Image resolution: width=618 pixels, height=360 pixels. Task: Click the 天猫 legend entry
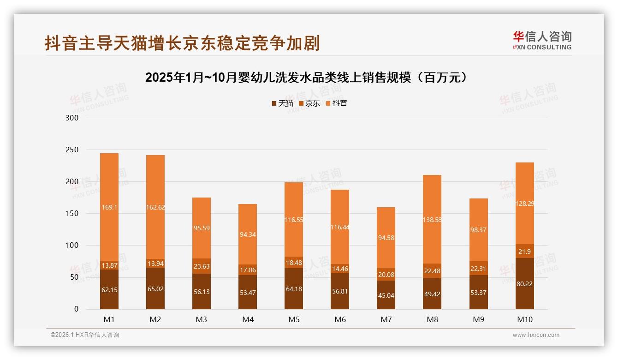(x=282, y=103)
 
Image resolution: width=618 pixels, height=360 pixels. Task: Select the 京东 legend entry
(x=309, y=103)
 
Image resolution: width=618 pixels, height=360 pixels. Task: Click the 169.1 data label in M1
(x=109, y=208)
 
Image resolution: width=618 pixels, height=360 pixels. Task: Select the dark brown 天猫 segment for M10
(x=524, y=284)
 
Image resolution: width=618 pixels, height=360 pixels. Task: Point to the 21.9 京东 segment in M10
(x=524, y=251)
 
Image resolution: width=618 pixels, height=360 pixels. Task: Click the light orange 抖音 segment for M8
(x=432, y=220)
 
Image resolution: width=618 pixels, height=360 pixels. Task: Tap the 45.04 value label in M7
(x=386, y=295)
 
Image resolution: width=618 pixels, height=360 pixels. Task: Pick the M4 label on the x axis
(x=248, y=319)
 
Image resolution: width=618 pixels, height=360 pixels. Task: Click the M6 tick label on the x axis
(x=340, y=319)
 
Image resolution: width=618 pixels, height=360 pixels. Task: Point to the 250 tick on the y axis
(x=72, y=150)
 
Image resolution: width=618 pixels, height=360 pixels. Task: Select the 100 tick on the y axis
(x=72, y=246)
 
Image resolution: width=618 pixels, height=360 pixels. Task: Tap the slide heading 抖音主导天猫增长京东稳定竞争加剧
(x=182, y=43)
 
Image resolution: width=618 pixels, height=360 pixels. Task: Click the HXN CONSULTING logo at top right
(x=542, y=41)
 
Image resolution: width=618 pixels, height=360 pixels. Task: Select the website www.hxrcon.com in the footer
(x=536, y=335)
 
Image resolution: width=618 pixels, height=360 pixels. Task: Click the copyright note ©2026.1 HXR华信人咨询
(x=85, y=335)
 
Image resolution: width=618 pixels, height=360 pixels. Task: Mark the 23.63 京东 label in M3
(x=202, y=266)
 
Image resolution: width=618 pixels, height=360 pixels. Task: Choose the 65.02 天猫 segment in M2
(x=155, y=289)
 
